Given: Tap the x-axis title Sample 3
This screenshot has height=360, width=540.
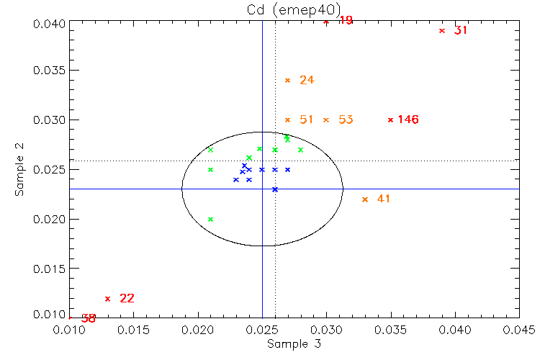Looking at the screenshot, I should click(294, 343).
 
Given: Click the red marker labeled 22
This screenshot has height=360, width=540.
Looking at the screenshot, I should click(108, 298).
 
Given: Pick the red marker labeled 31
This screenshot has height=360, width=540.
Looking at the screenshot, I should click(442, 30).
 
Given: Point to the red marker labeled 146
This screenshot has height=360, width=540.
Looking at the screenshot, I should click(391, 120).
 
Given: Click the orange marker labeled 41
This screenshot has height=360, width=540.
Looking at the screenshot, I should click(365, 199).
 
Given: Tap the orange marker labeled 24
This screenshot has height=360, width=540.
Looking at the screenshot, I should click(288, 80).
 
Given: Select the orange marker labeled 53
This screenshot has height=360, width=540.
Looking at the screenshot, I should click(326, 120).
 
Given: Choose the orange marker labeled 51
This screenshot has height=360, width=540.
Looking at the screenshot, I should click(288, 120).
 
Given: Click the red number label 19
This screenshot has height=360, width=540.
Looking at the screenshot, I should click(346, 20).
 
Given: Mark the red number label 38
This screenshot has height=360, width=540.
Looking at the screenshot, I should click(89, 318).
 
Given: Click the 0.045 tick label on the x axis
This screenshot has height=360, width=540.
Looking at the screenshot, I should click(519, 330).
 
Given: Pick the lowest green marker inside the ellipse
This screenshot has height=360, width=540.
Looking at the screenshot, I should click(210, 219).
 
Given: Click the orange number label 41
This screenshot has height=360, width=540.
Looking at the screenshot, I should click(383, 199).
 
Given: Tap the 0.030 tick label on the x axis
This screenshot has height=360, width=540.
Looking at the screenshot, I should click(327, 330).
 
